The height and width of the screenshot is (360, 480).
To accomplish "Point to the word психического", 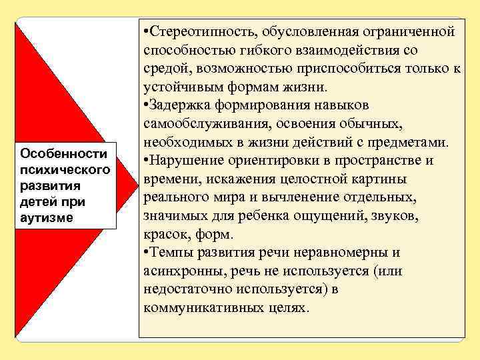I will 65,169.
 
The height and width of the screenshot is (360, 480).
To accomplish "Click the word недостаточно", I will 189,289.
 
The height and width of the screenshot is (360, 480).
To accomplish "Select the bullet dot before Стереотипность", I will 145,32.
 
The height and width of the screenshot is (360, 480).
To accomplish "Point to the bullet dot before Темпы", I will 145,253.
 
